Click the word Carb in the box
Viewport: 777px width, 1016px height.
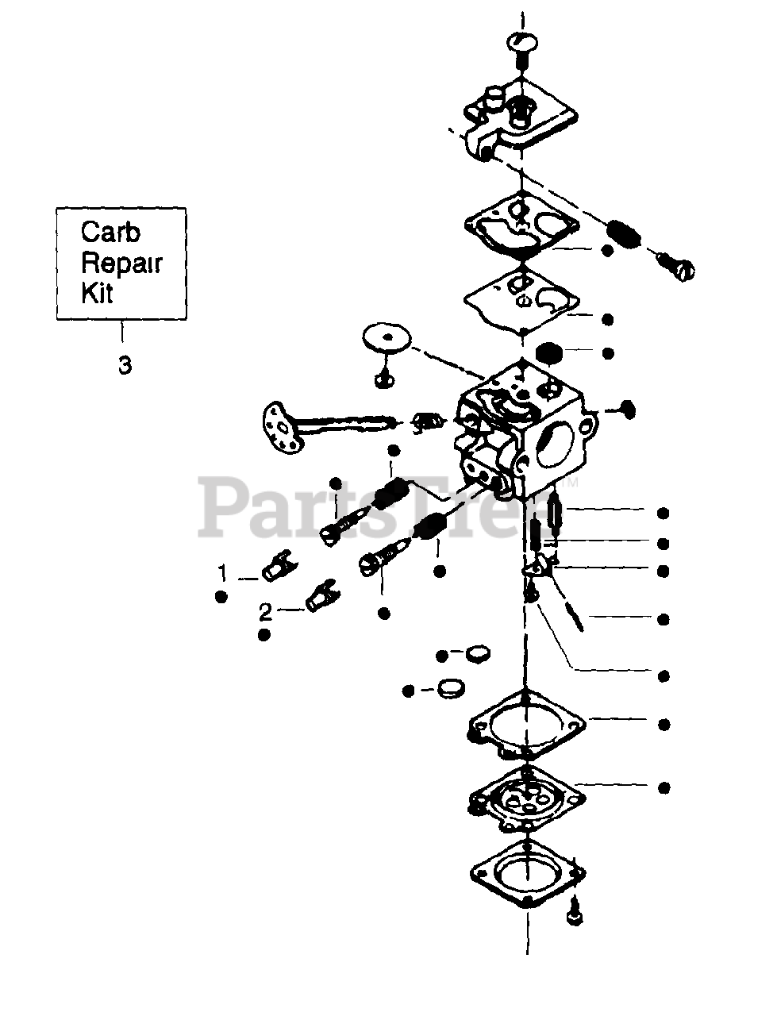(110, 233)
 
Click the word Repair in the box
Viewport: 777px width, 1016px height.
(121, 263)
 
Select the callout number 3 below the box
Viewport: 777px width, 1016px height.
(124, 366)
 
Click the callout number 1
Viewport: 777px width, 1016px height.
(223, 571)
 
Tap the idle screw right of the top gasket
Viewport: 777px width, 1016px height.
(675, 268)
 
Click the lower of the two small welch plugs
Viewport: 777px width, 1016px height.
(452, 687)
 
